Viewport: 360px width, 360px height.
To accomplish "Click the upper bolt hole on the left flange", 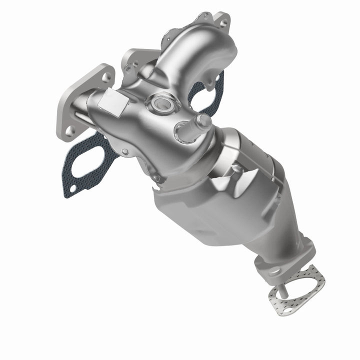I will [105, 77].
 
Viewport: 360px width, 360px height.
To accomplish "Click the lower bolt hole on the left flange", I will [70, 131].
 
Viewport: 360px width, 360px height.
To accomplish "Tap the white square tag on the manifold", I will [113, 104].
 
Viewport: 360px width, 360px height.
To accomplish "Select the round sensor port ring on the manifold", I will [161, 104].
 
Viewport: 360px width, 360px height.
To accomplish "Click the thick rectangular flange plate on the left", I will [82, 102].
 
